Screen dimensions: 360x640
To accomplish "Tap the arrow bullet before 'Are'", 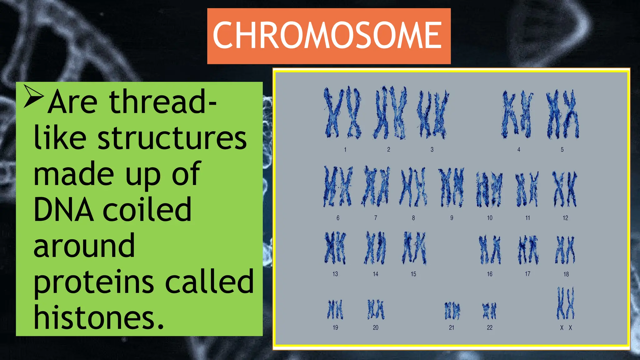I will (33, 96).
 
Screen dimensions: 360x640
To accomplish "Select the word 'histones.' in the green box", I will (99, 317).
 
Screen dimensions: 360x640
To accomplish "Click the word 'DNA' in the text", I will (64, 210).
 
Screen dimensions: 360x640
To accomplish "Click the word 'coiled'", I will (147, 210).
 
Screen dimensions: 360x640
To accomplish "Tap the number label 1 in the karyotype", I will (345, 150).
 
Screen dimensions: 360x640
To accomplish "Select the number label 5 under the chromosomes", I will (562, 150).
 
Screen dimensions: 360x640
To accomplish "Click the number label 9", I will (452, 218).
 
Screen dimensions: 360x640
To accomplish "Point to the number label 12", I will (565, 218).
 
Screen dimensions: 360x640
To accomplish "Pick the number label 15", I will (413, 274).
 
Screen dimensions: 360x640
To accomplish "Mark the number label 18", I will (566, 274).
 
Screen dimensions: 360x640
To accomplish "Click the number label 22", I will (489, 327).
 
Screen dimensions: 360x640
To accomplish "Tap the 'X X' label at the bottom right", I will (566, 327).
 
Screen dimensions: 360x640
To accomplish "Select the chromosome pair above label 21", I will (452, 311).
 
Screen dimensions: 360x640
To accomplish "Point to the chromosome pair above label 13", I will (335, 248).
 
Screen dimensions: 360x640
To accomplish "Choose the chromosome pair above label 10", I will (489, 189).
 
